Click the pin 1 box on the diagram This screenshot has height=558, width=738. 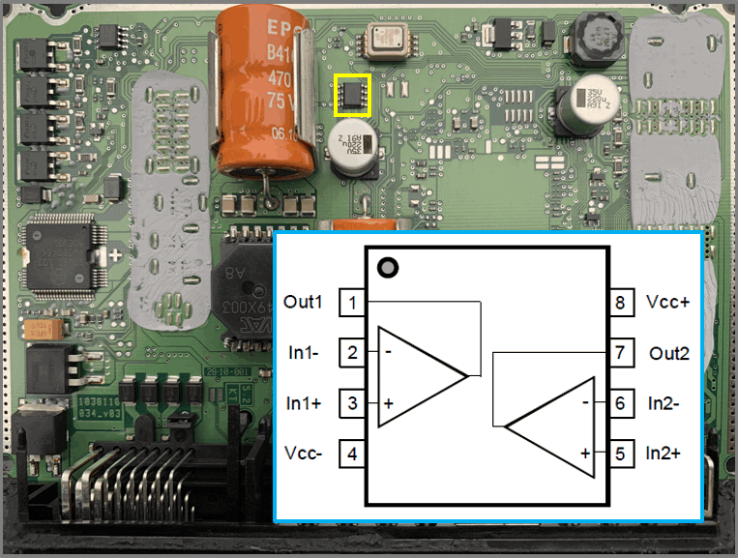coord(352,303)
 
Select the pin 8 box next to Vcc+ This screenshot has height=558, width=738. coord(620,303)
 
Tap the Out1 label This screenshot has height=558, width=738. coord(304,302)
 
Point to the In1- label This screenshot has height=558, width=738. coord(307,352)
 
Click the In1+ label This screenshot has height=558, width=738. coord(306,402)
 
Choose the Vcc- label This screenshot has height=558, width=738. coord(306,453)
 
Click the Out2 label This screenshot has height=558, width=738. coord(669,353)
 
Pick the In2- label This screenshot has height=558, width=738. coord(667,402)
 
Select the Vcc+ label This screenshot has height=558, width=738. coord(668,302)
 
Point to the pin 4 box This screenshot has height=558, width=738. coord(352,453)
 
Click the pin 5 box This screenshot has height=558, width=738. coord(620,453)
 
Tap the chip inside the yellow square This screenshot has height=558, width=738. coord(353,94)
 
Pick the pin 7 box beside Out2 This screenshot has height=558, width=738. coord(620,353)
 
